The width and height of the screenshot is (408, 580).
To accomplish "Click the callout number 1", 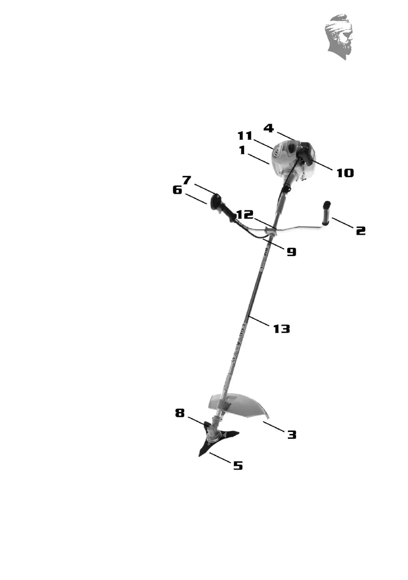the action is [241, 151].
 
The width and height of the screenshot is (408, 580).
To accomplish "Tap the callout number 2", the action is [360, 230].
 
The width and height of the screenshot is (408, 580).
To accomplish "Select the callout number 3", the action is [291, 434].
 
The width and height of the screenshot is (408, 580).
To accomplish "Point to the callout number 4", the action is [268, 129].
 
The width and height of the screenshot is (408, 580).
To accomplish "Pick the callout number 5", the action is [238, 466].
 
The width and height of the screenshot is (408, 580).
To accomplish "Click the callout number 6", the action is [177, 190].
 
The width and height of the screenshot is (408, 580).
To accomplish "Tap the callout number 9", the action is [291, 252].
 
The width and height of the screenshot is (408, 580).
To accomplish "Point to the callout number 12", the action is [246, 215].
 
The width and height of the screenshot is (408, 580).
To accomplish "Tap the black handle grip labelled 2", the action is [325, 214].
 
